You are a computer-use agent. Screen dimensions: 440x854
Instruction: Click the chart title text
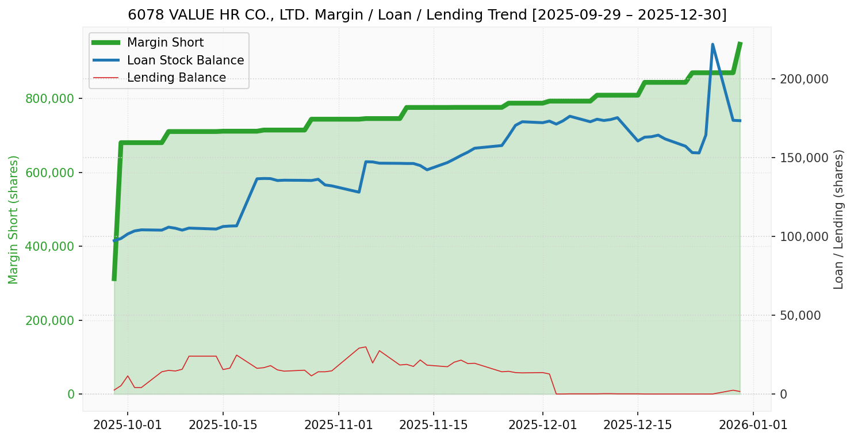427,15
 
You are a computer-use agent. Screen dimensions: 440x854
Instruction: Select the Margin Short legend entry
165,43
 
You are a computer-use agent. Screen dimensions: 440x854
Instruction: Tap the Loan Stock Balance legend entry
185,60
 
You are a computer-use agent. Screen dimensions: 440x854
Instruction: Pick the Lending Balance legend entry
176,78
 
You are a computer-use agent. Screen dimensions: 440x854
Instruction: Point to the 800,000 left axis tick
50,99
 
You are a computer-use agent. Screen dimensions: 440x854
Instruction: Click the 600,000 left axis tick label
50,173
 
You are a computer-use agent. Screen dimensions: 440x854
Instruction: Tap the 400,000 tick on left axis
50,247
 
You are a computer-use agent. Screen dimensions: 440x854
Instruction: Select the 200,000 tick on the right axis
803,79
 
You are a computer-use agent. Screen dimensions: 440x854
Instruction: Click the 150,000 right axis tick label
803,158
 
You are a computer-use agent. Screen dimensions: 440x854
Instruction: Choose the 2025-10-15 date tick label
222,425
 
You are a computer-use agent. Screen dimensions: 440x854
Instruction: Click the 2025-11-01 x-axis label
338,425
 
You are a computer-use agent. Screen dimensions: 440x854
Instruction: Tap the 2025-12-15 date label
637,425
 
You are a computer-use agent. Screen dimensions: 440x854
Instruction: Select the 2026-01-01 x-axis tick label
753,425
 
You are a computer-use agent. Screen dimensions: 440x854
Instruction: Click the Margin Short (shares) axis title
14,219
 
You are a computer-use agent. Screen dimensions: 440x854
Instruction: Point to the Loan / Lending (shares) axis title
838,219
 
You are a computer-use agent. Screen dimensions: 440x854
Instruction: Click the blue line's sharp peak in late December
713,44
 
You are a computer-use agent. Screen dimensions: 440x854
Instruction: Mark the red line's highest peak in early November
365,347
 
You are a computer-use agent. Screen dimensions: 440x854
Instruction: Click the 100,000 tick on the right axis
803,236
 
